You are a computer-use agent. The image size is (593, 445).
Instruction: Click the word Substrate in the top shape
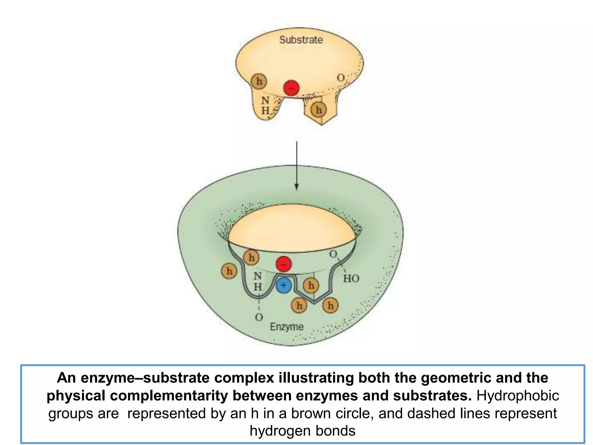point(301,40)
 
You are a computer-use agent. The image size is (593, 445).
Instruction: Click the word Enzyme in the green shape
point(287,327)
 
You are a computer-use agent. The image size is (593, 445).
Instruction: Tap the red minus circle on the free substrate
point(291,88)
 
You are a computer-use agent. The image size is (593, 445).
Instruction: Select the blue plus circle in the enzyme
point(284,285)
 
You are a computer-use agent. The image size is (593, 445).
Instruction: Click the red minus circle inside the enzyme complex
point(284,264)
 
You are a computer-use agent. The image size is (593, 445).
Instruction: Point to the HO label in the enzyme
point(351,279)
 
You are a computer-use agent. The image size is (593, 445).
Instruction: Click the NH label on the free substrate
point(265,105)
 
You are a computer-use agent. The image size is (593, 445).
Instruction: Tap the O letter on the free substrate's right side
point(341,78)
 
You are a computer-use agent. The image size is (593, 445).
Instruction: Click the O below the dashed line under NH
point(259,317)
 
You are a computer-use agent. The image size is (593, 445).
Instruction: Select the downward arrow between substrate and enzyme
point(296,165)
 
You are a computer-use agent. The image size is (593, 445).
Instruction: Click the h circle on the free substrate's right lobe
point(319,110)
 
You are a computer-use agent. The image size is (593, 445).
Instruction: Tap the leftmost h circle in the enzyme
point(229,271)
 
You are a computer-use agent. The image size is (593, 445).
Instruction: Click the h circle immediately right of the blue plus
point(311,286)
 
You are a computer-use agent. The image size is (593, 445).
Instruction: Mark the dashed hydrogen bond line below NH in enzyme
point(259,304)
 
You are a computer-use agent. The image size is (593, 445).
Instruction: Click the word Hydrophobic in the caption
point(518,396)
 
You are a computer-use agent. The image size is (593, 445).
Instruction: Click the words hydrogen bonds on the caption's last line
point(302,431)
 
